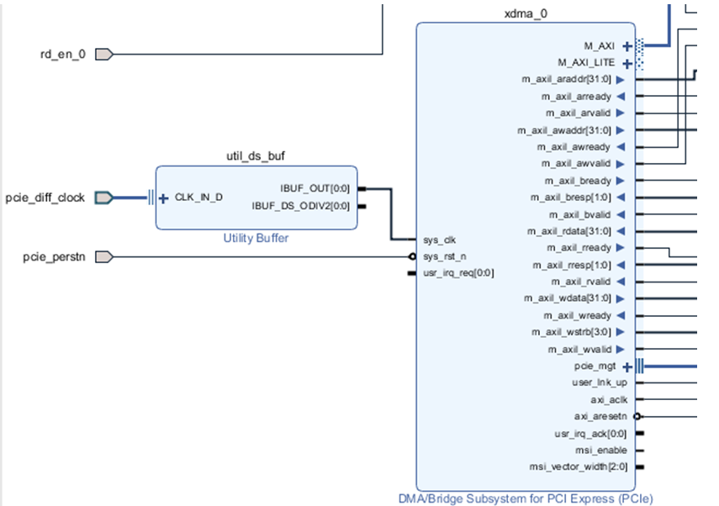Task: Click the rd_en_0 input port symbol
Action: point(104,55)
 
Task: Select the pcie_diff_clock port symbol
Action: point(104,198)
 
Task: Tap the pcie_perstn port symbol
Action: point(104,256)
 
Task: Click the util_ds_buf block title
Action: point(256,156)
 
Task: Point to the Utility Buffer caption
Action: point(256,239)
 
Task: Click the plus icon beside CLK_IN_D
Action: point(163,198)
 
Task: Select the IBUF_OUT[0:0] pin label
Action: point(315,189)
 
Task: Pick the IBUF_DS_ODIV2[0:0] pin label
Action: point(300,206)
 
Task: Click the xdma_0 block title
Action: point(526,13)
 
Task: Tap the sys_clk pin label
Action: point(439,240)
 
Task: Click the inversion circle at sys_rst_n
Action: point(412,256)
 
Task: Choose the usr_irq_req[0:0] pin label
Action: point(458,273)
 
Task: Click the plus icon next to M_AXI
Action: point(627,46)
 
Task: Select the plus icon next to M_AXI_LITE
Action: point(627,64)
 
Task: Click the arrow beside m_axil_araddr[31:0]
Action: point(621,80)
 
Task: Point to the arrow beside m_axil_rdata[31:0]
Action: point(621,231)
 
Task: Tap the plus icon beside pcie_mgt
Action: point(627,367)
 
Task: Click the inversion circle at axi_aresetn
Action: point(637,417)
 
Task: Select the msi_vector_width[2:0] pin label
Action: point(579,467)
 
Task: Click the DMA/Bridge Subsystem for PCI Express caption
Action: point(526,498)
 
